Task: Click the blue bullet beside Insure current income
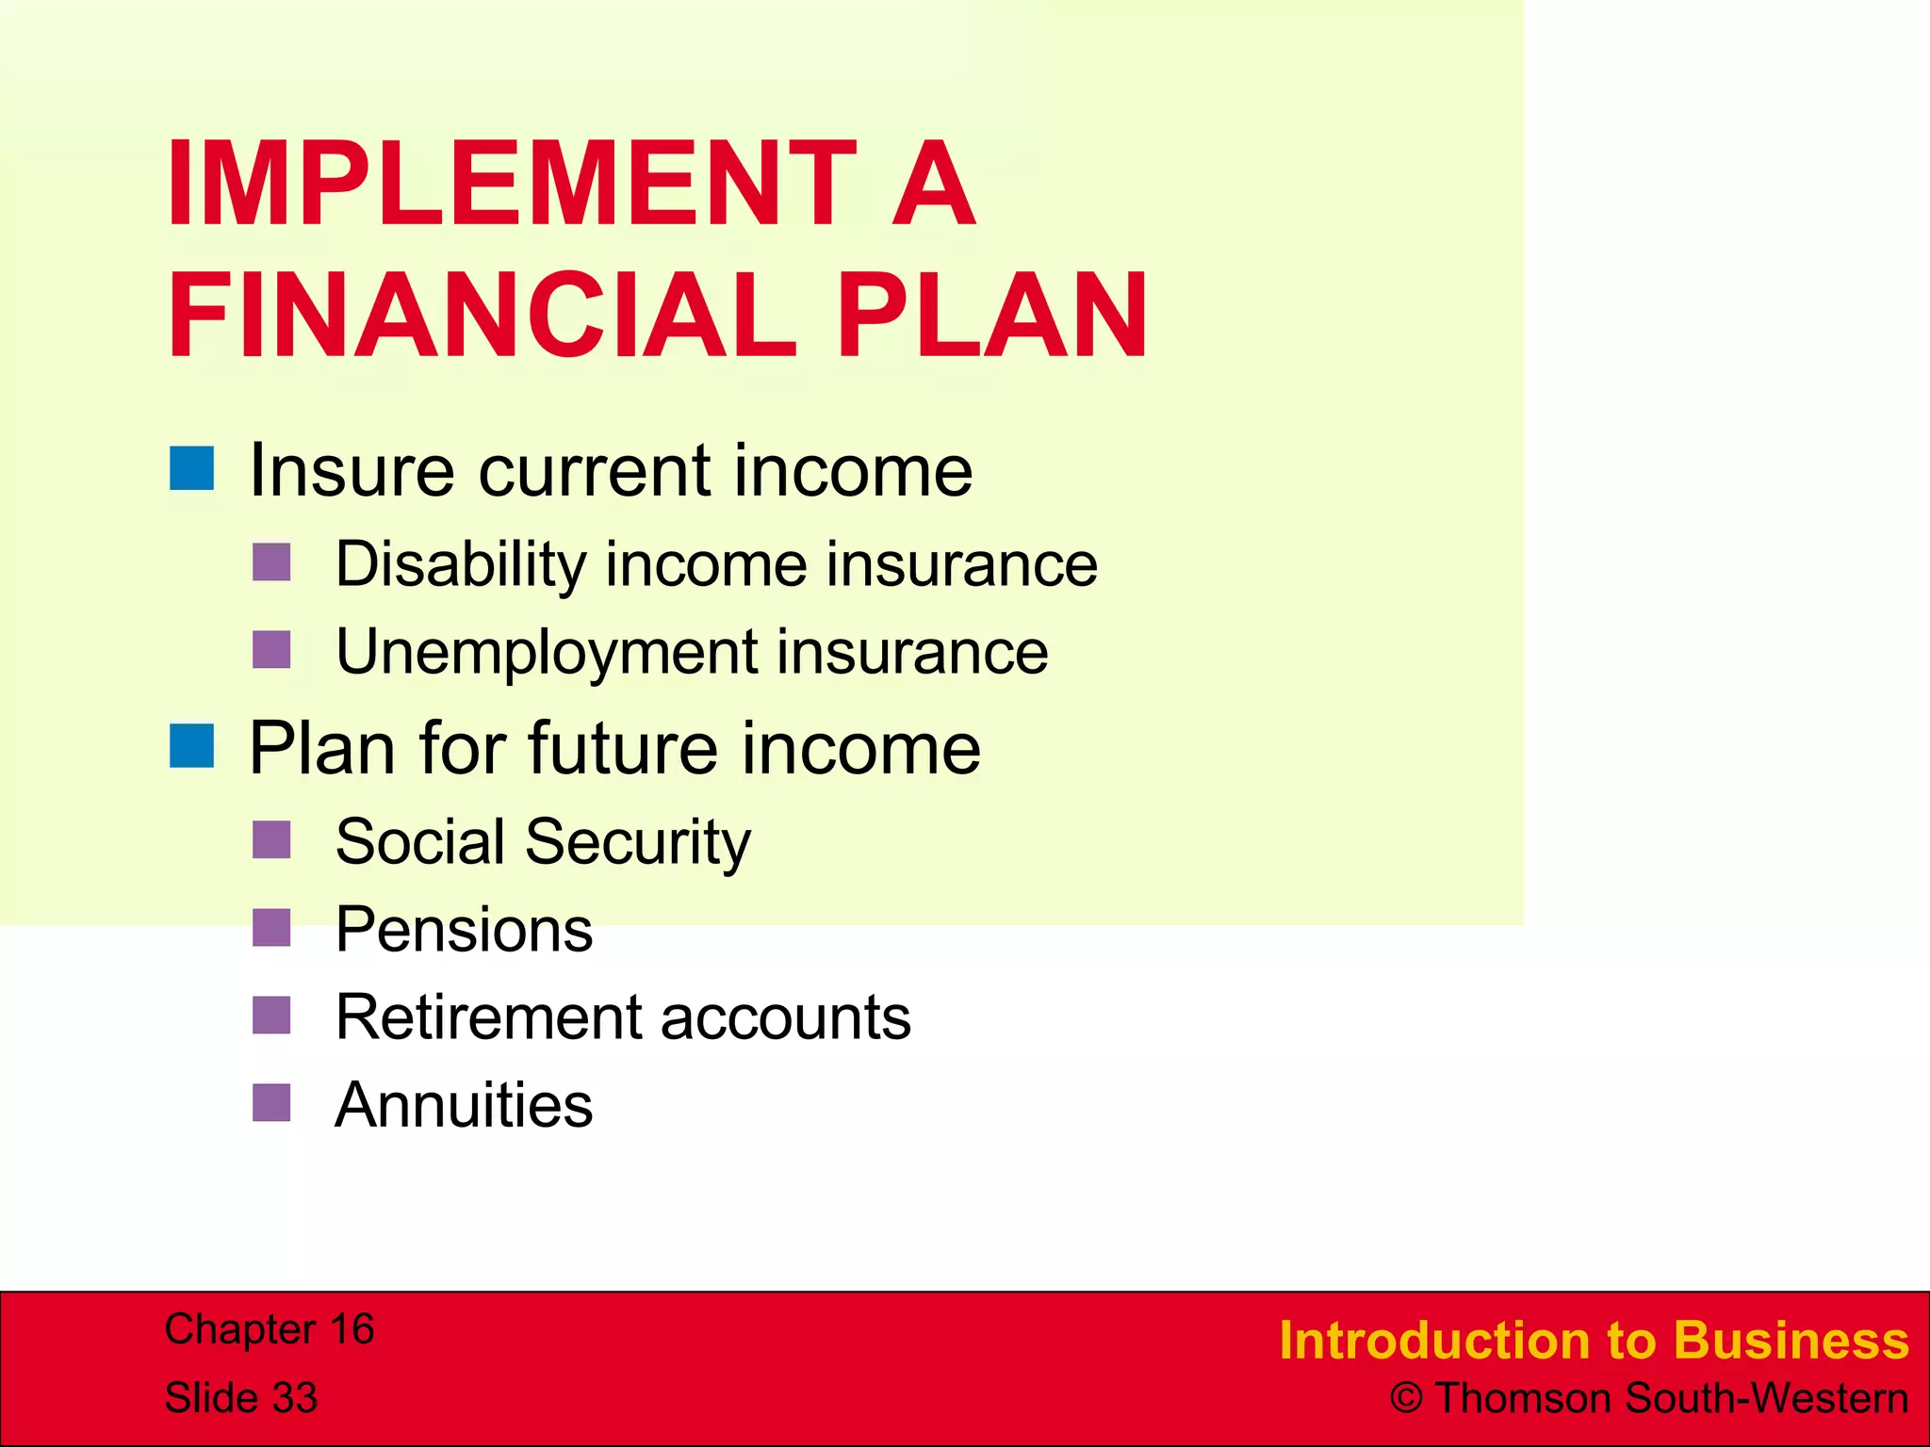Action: (192, 468)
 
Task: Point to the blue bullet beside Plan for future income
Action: (192, 746)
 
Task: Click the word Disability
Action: (461, 565)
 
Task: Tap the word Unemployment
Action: (547, 653)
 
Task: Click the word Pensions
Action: (464, 930)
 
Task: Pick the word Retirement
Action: (487, 1017)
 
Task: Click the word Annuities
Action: (464, 1105)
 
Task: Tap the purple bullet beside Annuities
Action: (271, 1103)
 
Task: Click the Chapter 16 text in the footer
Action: (270, 1329)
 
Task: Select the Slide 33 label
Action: (241, 1398)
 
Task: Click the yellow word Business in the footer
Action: (1791, 1341)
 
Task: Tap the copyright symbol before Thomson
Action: (1406, 1399)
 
